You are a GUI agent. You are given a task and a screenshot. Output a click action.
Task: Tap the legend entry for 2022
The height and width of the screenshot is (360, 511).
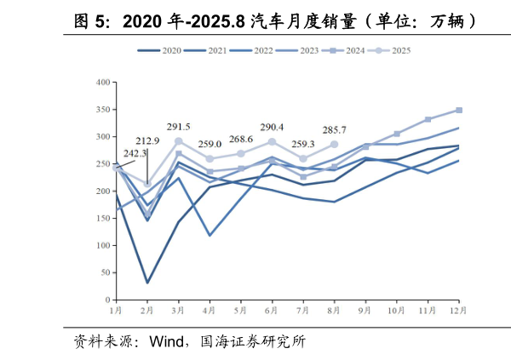[252, 51]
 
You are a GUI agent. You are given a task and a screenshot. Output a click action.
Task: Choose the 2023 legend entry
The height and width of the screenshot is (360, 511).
[298, 51]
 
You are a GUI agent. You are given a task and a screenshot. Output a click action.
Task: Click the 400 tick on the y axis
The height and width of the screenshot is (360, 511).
[103, 83]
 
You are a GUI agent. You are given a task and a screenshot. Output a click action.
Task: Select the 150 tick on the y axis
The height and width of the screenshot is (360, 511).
[103, 219]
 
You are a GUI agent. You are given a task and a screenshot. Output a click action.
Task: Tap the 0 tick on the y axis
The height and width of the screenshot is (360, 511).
[107, 300]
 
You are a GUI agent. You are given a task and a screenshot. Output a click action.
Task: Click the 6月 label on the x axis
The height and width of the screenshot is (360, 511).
[272, 311]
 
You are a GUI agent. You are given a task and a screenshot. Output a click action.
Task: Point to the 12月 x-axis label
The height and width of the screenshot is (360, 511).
[458, 311]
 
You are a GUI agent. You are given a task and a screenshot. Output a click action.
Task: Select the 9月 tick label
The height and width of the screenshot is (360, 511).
[365, 311]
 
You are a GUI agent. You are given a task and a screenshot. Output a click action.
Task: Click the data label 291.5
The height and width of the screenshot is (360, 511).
[178, 126]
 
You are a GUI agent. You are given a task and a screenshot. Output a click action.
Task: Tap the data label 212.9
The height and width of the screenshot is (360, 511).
[147, 141]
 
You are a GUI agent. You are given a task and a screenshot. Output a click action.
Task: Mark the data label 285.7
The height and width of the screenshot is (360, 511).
[334, 130]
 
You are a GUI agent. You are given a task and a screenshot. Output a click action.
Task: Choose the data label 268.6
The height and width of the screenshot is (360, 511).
[241, 140]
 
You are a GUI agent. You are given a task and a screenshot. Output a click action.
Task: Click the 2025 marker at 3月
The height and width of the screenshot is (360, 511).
[178, 141]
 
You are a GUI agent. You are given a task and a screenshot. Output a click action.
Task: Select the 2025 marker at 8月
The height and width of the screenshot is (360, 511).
[334, 145]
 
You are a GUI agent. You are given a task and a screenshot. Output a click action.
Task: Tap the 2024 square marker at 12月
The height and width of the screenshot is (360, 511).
[459, 110]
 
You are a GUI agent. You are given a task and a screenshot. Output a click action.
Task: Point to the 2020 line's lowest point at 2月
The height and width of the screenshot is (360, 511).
[147, 283]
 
